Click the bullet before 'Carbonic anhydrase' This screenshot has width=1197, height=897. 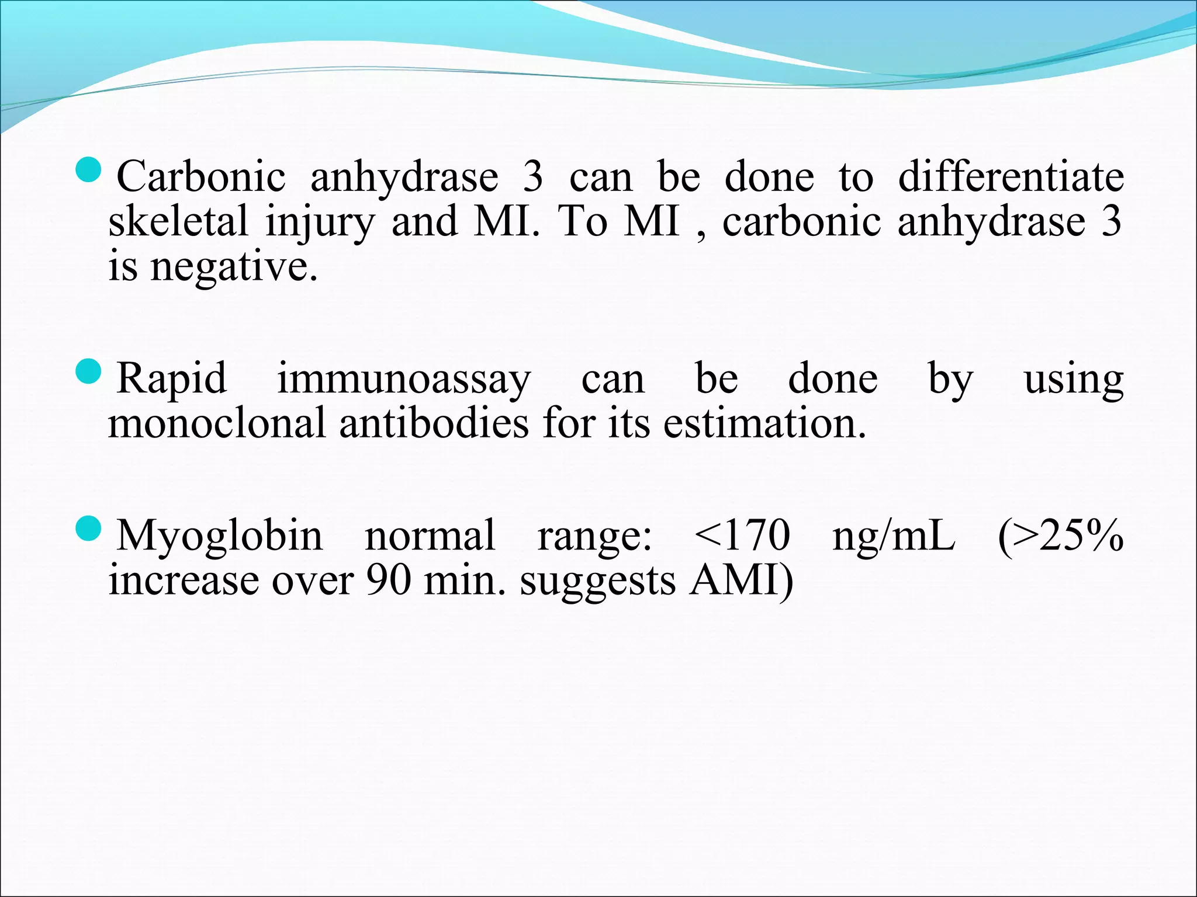[89, 171]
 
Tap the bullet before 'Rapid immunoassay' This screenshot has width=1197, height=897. [89, 372]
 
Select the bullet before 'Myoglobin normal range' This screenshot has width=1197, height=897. [89, 529]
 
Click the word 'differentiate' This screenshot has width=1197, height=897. [1011, 176]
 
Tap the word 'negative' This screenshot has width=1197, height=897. [234, 267]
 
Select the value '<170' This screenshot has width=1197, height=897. [742, 535]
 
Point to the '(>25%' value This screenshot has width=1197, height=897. [1060, 535]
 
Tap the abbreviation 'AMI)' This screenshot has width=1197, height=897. [741, 580]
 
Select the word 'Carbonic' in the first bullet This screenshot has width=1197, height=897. [201, 176]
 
